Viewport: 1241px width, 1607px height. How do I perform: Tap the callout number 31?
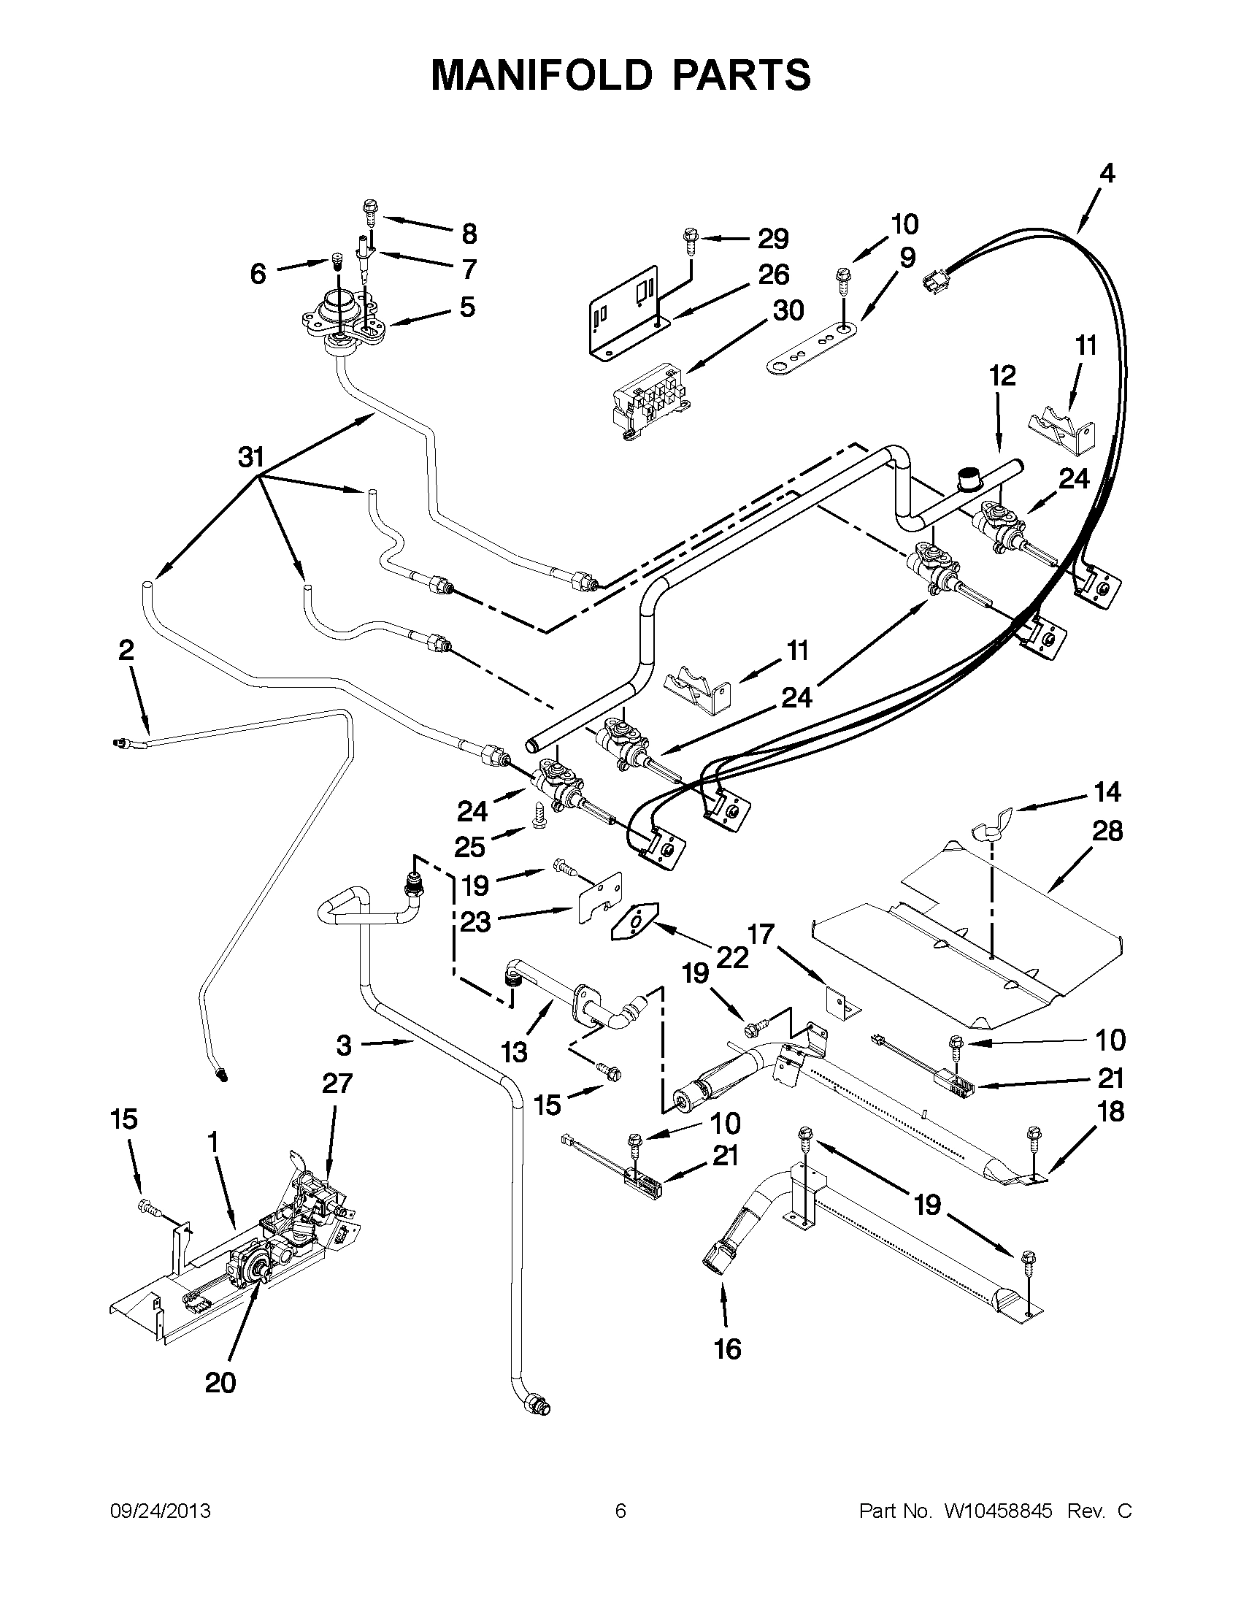pyautogui.click(x=251, y=457)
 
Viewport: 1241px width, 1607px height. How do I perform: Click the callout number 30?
pyautogui.click(x=788, y=310)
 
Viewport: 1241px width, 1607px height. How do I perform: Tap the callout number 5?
pyautogui.click(x=467, y=307)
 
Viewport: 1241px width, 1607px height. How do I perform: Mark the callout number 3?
pyautogui.click(x=345, y=1045)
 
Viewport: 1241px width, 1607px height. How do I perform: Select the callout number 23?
pyautogui.click(x=475, y=921)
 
